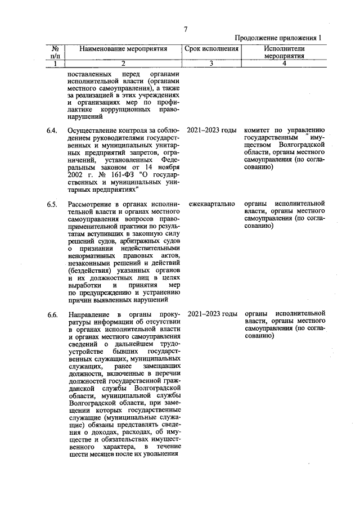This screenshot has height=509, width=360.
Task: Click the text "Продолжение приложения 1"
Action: (x=279, y=38)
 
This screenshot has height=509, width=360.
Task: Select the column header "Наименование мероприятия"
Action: (x=124, y=49)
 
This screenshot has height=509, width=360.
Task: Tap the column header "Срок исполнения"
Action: (x=212, y=49)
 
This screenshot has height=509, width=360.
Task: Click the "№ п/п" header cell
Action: (x=56, y=53)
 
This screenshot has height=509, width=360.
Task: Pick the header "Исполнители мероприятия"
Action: (x=283, y=53)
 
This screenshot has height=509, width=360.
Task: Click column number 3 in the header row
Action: (x=212, y=64)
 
